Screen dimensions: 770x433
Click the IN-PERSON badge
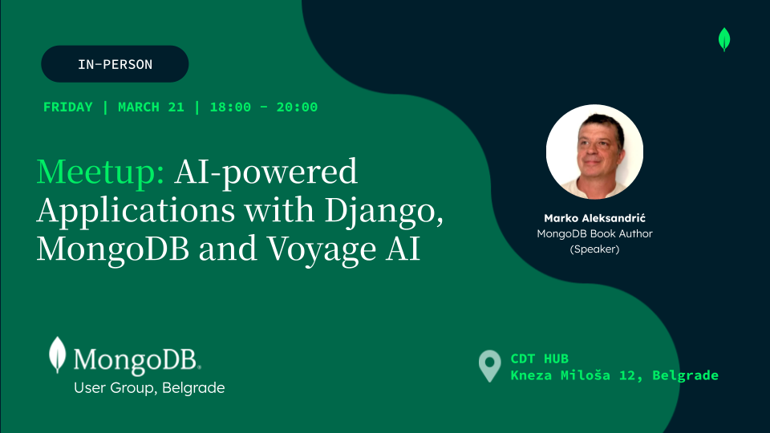pyautogui.click(x=115, y=64)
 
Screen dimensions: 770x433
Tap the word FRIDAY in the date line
pyautogui.click(x=67, y=107)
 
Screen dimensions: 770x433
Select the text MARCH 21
pyautogui.click(x=152, y=107)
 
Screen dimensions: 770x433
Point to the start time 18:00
pyautogui.click(x=230, y=107)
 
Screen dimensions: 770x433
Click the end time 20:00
pyautogui.click(x=297, y=107)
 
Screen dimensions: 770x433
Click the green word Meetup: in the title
pyautogui.click(x=101, y=172)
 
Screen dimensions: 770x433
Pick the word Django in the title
pyautogui.click(x=383, y=211)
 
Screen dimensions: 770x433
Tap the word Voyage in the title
pyautogui.click(x=322, y=249)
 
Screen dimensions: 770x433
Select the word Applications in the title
pyautogui.click(x=136, y=211)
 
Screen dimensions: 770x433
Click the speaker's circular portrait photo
pyautogui.click(x=594, y=152)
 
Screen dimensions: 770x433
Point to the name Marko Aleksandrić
pyautogui.click(x=594, y=218)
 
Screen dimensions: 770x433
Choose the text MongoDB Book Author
pyautogui.click(x=594, y=233)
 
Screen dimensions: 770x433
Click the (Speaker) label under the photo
pyautogui.click(x=594, y=249)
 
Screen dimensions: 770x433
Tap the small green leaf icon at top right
pyautogui.click(x=724, y=39)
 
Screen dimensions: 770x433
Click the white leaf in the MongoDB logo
pyautogui.click(x=58, y=354)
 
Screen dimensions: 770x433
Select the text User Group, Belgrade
pyautogui.click(x=149, y=388)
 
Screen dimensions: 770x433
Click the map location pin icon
pyautogui.click(x=489, y=366)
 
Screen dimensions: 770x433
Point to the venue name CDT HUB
pyautogui.click(x=540, y=359)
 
